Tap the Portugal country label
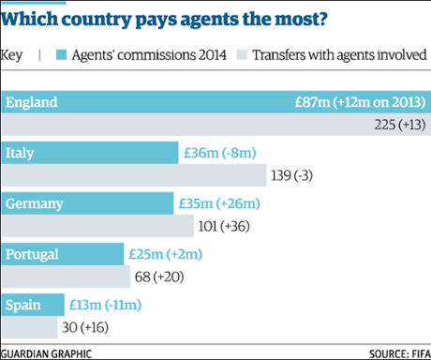coord(32,254)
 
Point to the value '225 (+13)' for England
coord(397,124)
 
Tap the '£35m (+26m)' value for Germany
coord(218,203)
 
